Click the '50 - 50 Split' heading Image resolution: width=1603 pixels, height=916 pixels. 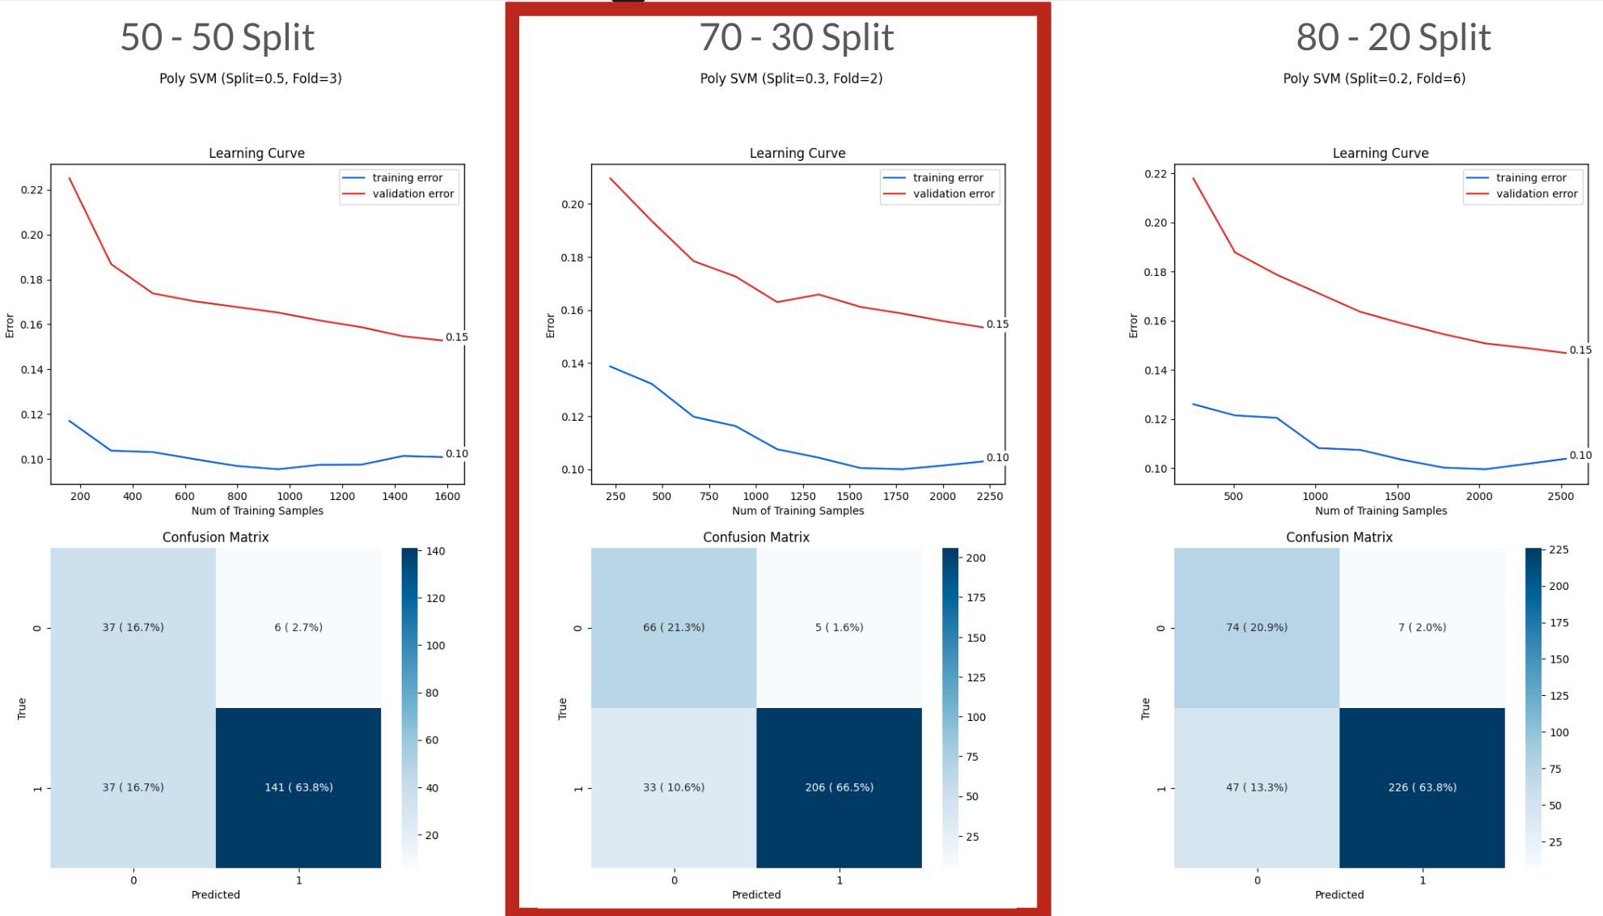coord(217,37)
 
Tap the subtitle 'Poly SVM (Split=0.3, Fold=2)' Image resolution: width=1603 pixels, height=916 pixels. coord(791,78)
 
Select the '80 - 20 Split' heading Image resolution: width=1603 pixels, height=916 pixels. coord(1393,37)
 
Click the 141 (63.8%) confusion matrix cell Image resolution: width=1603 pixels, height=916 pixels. coord(298,787)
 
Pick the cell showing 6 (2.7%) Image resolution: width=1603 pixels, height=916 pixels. coord(298,627)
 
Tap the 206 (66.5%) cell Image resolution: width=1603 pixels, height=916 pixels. coord(839,787)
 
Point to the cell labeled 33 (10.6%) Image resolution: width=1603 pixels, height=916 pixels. coord(674,787)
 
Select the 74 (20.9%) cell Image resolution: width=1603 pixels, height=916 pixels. coord(1256,627)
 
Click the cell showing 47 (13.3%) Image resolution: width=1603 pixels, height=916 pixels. coord(1256,787)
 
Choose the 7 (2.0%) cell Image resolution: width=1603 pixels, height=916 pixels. coord(1422,627)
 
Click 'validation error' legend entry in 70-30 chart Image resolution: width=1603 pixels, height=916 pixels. coord(953,194)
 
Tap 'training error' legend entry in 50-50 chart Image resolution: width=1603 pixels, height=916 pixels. coord(407,178)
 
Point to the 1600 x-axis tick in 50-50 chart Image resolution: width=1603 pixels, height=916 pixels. coord(447,496)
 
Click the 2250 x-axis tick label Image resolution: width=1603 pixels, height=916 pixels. coord(989,496)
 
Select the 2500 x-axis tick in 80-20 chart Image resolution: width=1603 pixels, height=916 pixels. coord(1560,496)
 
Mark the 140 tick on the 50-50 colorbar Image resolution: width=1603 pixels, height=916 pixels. coord(435,551)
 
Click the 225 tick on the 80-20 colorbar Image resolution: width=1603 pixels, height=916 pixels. coord(1558,549)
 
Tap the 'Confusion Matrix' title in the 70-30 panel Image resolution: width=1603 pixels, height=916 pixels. coord(755,537)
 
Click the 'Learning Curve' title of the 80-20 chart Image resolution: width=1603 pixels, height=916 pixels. coord(1380,153)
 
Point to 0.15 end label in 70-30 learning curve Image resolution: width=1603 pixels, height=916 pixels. coord(996,324)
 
